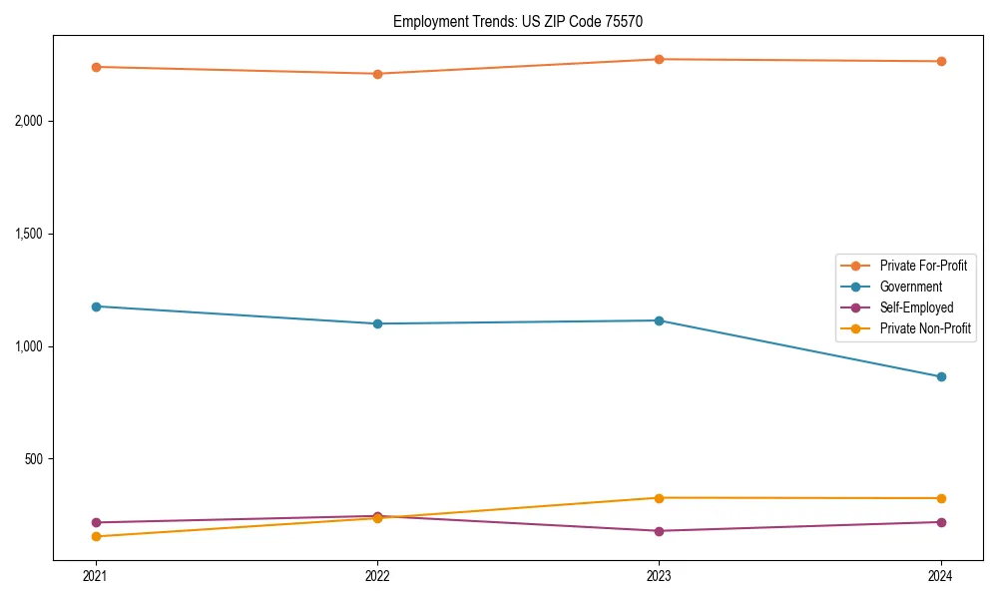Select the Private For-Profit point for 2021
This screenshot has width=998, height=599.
click(96, 67)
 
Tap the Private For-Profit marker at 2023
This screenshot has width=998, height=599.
click(659, 59)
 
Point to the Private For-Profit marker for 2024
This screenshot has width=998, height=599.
click(941, 62)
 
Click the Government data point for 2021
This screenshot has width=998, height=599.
click(96, 306)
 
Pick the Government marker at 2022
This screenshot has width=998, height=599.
click(377, 323)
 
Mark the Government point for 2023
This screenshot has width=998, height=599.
click(659, 320)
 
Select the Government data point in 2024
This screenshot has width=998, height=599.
click(941, 376)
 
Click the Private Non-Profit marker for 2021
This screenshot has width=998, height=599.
click(96, 537)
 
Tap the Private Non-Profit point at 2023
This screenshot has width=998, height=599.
click(659, 498)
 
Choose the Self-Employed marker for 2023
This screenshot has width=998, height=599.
click(659, 531)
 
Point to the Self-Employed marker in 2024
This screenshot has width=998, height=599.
click(941, 522)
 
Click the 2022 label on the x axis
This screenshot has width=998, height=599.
click(377, 575)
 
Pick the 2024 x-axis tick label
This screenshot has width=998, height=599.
click(941, 575)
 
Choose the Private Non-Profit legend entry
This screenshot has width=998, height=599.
click(925, 328)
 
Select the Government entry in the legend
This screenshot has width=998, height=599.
click(910, 287)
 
